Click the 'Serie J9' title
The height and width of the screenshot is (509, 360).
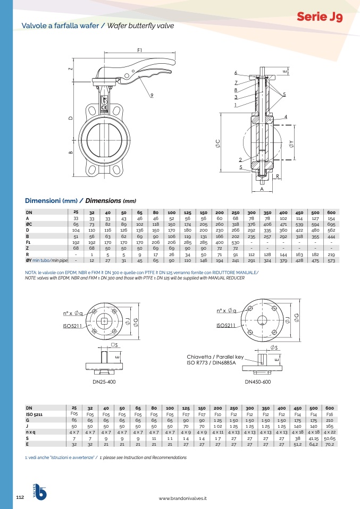[x=320, y=16]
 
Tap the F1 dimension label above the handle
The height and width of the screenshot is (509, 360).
[x=140, y=50]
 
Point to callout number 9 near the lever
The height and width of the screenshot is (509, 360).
[x=152, y=96]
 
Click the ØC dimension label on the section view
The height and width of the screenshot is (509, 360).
[x=218, y=143]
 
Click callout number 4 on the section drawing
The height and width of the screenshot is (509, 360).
[x=286, y=116]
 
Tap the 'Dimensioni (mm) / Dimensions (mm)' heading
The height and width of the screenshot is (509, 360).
[x=81, y=201]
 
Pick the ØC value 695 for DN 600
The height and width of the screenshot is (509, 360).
[x=331, y=224]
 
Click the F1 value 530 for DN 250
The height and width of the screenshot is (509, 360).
[x=235, y=242]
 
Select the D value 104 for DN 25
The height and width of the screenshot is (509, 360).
[x=76, y=230]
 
